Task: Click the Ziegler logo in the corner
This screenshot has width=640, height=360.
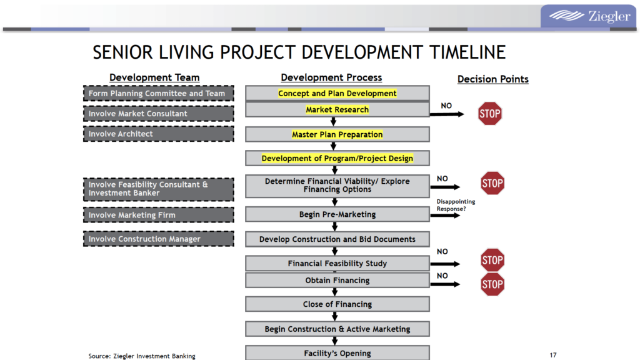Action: pyautogui.click(x=589, y=16)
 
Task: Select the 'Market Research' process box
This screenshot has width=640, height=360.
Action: pyautogui.click(x=337, y=110)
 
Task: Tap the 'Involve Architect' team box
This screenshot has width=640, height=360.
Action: pyautogui.click(x=159, y=134)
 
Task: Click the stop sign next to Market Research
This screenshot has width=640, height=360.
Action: pyautogui.click(x=490, y=114)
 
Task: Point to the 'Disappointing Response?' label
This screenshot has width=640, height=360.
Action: pyautogui.click(x=456, y=205)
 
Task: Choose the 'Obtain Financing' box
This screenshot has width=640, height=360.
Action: pyautogui.click(x=337, y=281)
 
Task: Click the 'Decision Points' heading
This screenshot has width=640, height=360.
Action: pyautogui.click(x=492, y=79)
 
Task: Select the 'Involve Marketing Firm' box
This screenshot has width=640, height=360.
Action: pyautogui.click(x=159, y=215)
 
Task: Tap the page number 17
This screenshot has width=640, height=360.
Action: pyautogui.click(x=553, y=355)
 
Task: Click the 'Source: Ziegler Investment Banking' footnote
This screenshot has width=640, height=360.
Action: pyautogui.click(x=142, y=356)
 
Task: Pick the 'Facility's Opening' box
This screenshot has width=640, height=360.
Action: pyautogui.click(x=337, y=353)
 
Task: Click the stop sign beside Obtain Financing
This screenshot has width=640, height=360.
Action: pyautogui.click(x=492, y=284)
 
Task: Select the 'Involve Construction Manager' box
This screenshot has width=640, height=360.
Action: pyautogui.click(x=159, y=239)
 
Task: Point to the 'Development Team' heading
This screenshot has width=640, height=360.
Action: pyautogui.click(x=154, y=77)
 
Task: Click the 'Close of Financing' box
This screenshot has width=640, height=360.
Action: pyautogui.click(x=337, y=304)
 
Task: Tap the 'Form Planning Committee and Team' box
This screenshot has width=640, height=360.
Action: pyautogui.click(x=159, y=94)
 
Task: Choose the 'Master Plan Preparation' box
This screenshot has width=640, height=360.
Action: pyautogui.click(x=337, y=134)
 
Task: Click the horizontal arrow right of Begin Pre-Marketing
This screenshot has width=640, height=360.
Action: pyautogui.click(x=445, y=215)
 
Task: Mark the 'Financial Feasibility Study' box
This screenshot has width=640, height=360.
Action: pyautogui.click(x=337, y=264)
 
